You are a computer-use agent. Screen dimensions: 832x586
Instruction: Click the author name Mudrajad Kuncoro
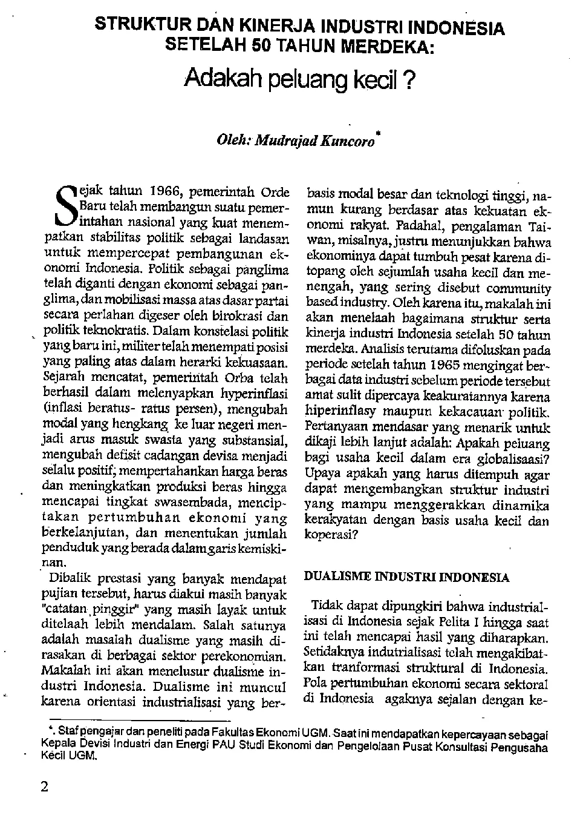tap(313, 141)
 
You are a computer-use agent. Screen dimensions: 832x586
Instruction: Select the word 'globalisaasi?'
tap(512, 459)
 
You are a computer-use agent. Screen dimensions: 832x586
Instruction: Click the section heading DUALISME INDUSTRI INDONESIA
tap(406, 577)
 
